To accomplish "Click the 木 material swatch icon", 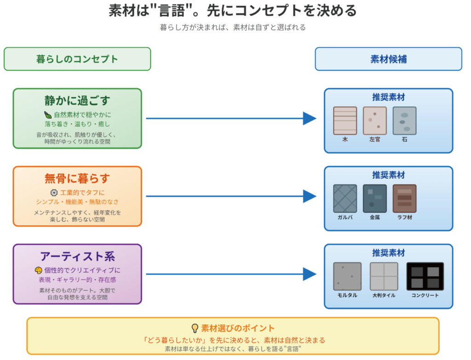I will point(345,121).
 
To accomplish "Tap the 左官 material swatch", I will point(374,121).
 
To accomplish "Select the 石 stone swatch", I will point(404,121).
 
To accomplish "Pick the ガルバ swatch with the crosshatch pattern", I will point(345,198).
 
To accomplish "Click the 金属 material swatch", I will point(374,198).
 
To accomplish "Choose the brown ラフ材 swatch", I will point(404,198).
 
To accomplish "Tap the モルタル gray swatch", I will point(345,276).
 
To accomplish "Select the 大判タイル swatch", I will point(384,276).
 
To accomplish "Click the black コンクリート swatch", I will point(425,276).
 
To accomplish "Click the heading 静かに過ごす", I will point(77,100).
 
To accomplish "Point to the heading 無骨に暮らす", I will point(77,178).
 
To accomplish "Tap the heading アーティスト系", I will point(77,256).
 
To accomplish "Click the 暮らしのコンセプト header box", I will point(77,59).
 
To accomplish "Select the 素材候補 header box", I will point(388,59).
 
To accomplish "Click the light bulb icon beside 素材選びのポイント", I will point(195,328).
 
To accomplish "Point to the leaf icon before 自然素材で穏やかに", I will point(48,115).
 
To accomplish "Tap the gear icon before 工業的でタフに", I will point(54,192).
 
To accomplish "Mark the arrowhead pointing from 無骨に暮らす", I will point(310,197).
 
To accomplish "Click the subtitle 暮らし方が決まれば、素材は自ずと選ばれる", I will point(233,27).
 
